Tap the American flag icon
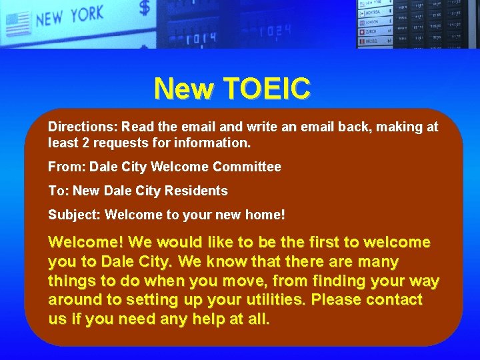pos(18,24)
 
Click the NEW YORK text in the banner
pos(70,15)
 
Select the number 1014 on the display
pos(201,38)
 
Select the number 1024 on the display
pos(275,31)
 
